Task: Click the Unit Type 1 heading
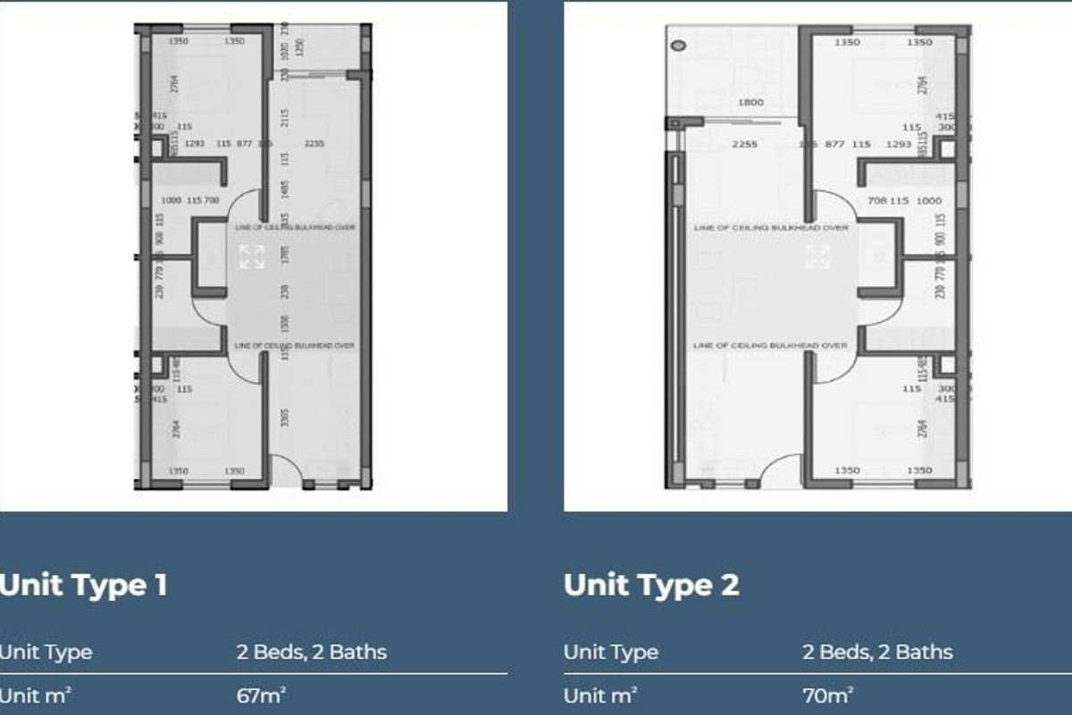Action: pos(83,585)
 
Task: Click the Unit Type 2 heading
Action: pos(651,585)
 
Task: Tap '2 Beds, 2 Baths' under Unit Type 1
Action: pos(312,652)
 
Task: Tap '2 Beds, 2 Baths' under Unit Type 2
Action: pos(877,652)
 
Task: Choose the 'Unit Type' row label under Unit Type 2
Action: pos(611,652)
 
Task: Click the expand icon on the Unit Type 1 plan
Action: pos(252,257)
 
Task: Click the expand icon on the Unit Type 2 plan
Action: pos(817,257)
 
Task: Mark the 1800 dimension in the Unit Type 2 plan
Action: pos(750,103)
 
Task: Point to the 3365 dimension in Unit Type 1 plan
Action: pos(285,418)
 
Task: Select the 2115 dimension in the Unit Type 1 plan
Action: pos(285,117)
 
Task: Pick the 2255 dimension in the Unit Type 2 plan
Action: pos(744,144)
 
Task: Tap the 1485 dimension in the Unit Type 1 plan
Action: pos(285,189)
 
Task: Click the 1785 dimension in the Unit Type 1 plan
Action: pos(285,255)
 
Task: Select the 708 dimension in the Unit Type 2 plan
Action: pos(875,201)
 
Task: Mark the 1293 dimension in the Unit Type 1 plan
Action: pos(196,144)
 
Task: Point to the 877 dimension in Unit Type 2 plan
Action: pos(834,144)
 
